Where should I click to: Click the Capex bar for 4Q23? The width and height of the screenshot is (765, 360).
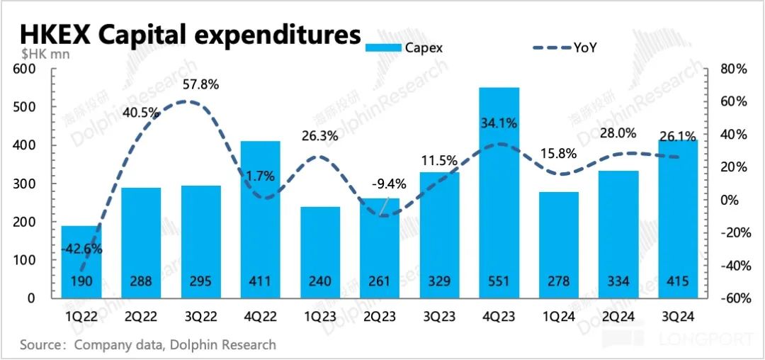click(x=499, y=191)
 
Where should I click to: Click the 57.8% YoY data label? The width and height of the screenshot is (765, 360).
click(x=200, y=84)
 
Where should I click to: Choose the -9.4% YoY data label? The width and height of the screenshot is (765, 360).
click(x=389, y=184)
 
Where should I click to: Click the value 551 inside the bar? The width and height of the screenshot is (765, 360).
click(x=499, y=282)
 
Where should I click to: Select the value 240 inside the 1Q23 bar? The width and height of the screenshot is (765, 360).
click(x=319, y=282)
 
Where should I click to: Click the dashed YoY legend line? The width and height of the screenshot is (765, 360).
click(x=551, y=48)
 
